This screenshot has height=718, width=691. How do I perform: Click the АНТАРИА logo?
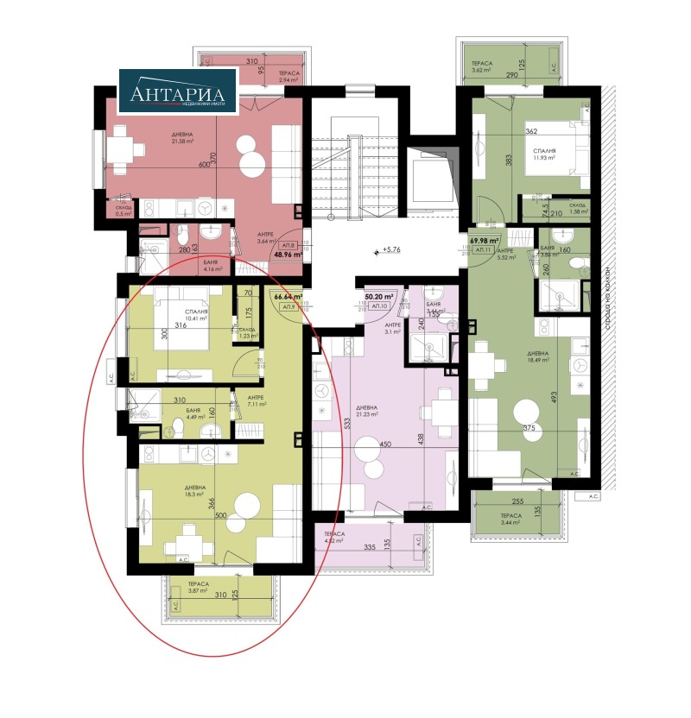(x=177, y=92)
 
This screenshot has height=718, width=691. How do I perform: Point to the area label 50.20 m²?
(x=379, y=296)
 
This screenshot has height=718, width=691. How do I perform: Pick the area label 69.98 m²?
(x=485, y=241)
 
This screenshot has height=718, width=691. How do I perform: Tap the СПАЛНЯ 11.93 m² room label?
(x=543, y=154)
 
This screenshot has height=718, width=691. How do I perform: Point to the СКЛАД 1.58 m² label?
(x=578, y=208)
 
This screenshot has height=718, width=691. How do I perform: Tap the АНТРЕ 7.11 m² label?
(x=257, y=400)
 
